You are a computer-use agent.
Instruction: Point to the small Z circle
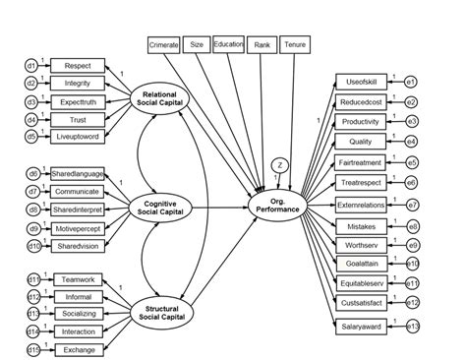280,165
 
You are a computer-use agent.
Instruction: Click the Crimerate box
163,45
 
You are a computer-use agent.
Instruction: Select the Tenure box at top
294,45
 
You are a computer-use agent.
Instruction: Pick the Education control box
228,44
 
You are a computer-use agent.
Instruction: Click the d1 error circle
31,66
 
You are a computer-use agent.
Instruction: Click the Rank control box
262,44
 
